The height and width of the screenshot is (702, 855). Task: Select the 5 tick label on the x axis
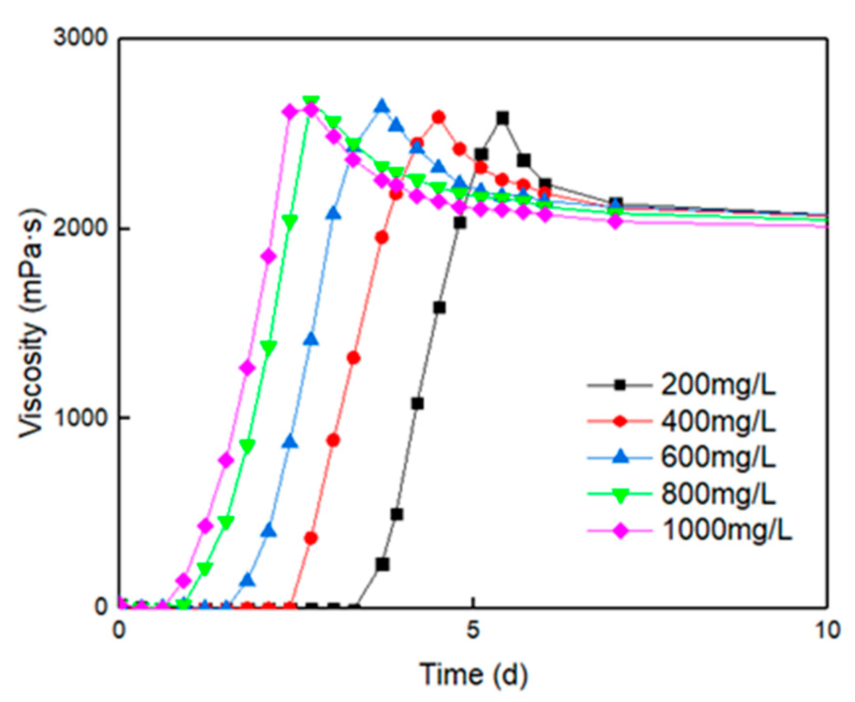point(473,630)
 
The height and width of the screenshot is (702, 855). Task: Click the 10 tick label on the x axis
point(827,630)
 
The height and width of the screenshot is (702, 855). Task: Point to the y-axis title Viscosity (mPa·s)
point(32,323)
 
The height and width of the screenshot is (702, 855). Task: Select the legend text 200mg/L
point(718,385)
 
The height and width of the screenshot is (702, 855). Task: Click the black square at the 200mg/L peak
point(502,118)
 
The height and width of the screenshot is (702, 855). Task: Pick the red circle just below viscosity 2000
point(381,238)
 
